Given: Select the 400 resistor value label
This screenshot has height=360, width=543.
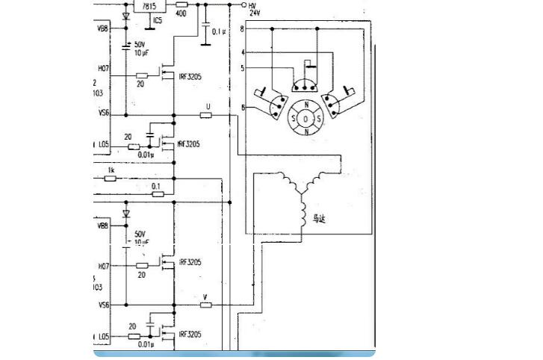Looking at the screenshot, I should click(x=181, y=13).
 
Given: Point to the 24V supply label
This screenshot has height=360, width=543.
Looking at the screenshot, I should click(x=255, y=13).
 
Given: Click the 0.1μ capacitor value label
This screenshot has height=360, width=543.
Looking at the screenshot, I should click(x=219, y=31).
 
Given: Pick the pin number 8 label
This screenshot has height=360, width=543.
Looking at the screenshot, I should click(x=243, y=29).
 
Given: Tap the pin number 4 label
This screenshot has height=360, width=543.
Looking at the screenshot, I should click(x=243, y=53).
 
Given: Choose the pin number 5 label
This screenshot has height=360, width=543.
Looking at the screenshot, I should click(x=243, y=68).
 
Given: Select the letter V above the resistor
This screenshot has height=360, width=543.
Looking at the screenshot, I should click(x=205, y=297).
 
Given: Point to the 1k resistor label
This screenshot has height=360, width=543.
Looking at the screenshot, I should click(x=111, y=171).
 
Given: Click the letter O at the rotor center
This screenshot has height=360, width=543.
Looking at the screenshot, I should click(x=305, y=118).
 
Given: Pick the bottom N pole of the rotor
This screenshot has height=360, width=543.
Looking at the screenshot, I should click(x=305, y=131).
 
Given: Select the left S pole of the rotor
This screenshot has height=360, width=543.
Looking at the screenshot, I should click(x=293, y=118).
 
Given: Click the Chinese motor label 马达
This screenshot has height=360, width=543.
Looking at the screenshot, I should click(x=320, y=219).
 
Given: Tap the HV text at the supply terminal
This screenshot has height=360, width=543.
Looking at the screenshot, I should click(x=253, y=4).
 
